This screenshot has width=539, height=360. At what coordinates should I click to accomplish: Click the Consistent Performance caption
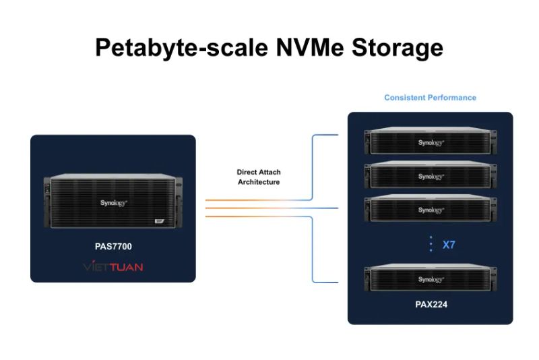(430, 98)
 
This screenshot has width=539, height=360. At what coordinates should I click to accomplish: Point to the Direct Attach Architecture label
(258, 177)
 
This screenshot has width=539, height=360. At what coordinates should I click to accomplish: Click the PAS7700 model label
(113, 247)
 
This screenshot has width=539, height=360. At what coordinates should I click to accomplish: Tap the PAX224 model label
(431, 305)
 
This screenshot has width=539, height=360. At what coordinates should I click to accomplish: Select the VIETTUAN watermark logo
(113, 267)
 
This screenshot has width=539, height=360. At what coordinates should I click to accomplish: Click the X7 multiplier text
(449, 245)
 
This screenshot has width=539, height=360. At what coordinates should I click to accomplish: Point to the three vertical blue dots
(431, 244)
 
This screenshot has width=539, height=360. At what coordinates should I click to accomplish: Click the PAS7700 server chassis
(113, 202)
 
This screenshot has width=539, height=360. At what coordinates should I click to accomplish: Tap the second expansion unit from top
(431, 176)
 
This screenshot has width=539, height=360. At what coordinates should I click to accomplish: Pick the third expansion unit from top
(431, 210)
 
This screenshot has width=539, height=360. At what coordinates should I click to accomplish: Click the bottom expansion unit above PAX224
(431, 279)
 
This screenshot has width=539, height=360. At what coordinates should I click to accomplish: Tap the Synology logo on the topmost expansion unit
(431, 143)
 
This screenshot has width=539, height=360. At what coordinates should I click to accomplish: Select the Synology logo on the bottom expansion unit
(431, 280)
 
